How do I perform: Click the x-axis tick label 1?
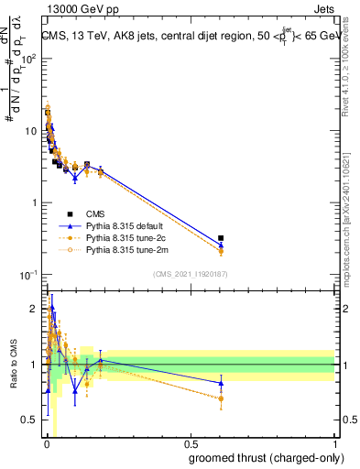tap(333, 444)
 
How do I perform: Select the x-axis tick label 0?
tap(47, 444)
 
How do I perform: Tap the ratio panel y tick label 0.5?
tap(28, 420)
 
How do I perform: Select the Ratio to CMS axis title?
tap(14, 365)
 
